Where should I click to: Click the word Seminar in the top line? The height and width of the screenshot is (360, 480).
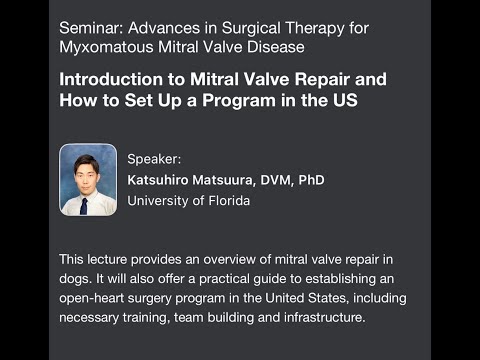(90, 24)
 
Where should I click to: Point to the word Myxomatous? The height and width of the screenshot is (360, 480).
(106, 46)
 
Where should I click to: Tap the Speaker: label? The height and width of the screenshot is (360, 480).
(155, 158)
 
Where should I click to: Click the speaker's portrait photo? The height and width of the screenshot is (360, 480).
(88, 180)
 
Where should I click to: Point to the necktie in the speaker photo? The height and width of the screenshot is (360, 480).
(84, 206)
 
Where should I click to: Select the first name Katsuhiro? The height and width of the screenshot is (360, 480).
(162, 180)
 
